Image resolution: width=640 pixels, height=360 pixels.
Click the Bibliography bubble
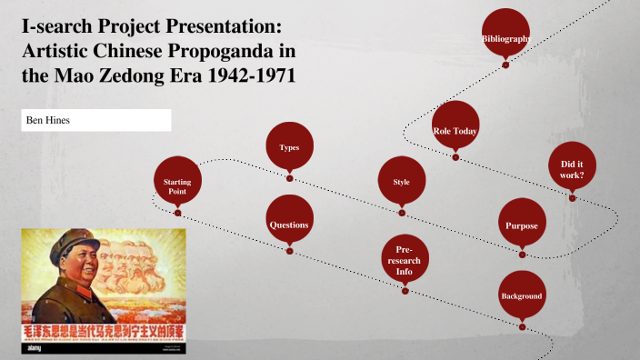pyautogui.click(x=505, y=35)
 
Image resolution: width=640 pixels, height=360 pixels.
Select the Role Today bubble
pyautogui.click(x=455, y=129)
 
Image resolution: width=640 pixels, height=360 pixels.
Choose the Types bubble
pyautogui.click(x=289, y=145)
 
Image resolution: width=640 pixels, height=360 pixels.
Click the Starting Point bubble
pyautogui.click(x=177, y=185)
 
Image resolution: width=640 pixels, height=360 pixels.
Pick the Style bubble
pyautogui.click(x=401, y=180)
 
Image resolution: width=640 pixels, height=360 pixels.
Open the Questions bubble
pyautogui.click(x=289, y=223)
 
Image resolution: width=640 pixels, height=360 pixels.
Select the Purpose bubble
pyautogui.click(x=522, y=225)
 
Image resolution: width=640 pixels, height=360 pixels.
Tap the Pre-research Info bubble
pyautogui.click(x=404, y=258)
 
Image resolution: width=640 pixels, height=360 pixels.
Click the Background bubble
pyautogui.click(x=522, y=295)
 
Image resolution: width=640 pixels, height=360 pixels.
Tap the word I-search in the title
pyautogui.click(x=57, y=25)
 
